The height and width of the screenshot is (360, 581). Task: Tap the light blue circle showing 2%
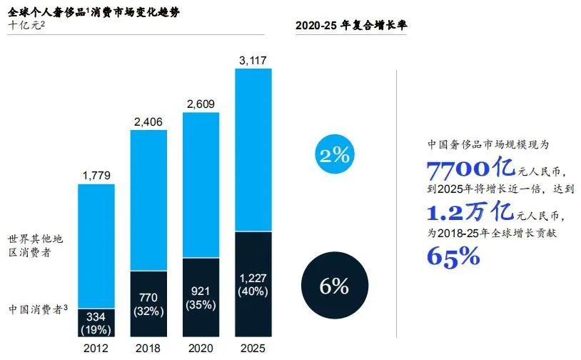pyautogui.click(x=333, y=155)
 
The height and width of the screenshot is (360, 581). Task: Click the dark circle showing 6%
pyautogui.click(x=334, y=286)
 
